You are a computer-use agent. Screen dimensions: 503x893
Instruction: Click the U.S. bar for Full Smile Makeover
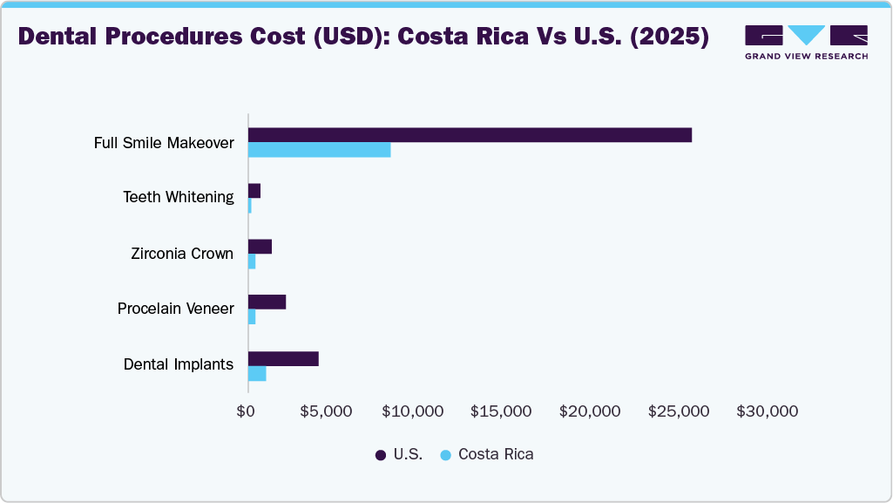pos(470,135)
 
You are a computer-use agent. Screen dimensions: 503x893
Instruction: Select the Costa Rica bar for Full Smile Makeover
pos(319,150)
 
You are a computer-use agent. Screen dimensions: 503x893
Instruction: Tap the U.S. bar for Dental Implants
pos(283,359)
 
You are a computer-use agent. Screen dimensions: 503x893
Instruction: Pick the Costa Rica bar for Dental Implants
pos(257,374)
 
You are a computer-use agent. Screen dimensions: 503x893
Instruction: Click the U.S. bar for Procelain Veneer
pos(267,302)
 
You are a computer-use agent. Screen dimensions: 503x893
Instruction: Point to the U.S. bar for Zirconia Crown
pos(260,247)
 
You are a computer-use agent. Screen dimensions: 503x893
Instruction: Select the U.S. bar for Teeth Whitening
pos(254,191)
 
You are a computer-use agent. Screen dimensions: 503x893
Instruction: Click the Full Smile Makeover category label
pos(164,142)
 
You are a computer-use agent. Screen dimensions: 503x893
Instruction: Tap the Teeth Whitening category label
pos(179,197)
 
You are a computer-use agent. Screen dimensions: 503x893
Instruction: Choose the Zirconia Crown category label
pos(182,254)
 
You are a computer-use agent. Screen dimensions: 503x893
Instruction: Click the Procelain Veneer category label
pos(176,309)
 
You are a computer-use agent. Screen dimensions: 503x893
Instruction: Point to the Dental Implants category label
pos(179,364)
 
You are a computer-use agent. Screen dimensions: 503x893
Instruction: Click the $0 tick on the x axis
pos(247,411)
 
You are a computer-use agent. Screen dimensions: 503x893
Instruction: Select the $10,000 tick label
pos(413,411)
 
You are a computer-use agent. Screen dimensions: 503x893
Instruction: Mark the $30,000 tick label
pos(768,411)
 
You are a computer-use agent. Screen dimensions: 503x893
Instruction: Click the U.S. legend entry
pos(399,454)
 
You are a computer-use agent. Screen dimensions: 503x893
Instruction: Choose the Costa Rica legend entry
pos(487,454)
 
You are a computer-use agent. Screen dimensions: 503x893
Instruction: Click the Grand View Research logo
pos(806,42)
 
